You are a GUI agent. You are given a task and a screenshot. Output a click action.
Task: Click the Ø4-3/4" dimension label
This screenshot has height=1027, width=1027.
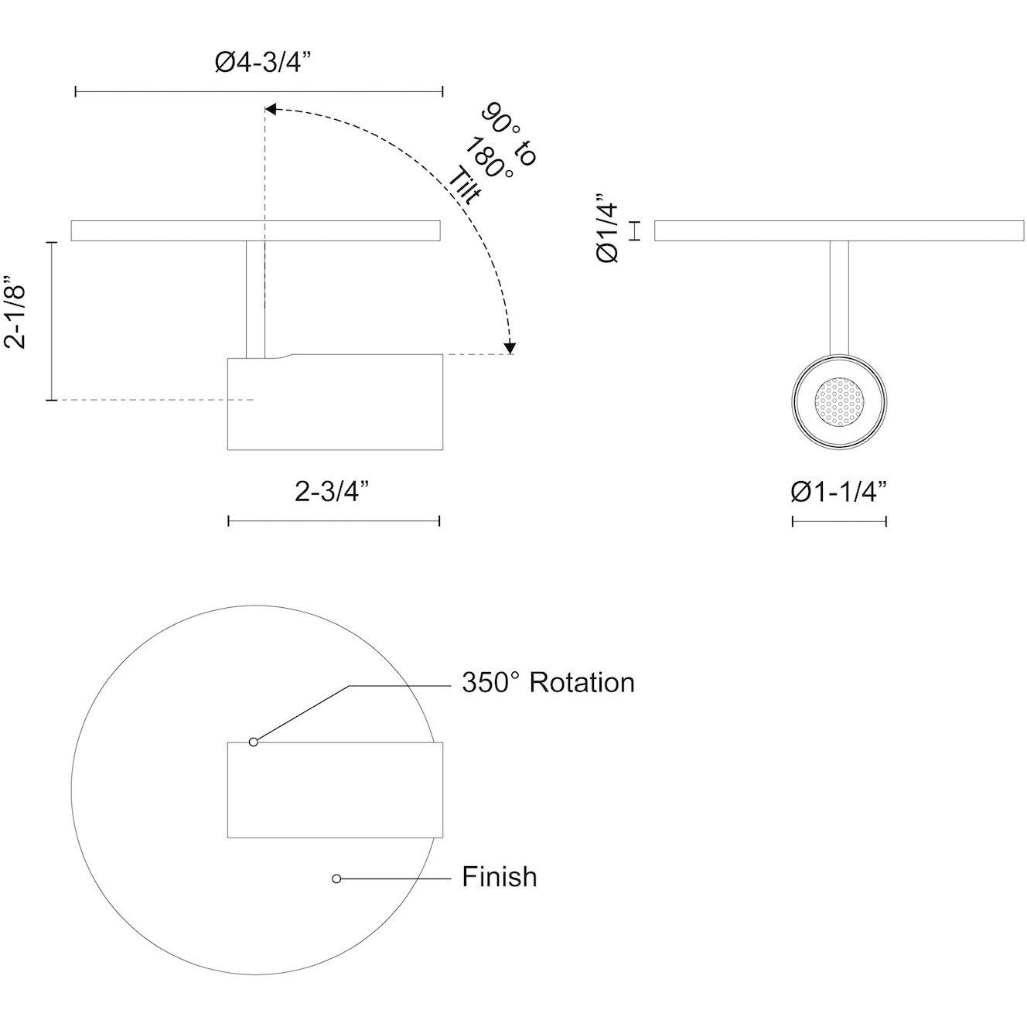258,63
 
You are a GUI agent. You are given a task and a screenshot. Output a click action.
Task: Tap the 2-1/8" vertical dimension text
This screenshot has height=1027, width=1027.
17,314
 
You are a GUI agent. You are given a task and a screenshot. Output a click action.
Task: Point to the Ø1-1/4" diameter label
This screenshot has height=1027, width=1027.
838,491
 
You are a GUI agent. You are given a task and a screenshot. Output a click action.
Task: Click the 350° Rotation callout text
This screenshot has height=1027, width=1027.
548,683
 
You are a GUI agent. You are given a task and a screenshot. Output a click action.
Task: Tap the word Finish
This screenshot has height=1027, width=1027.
499,877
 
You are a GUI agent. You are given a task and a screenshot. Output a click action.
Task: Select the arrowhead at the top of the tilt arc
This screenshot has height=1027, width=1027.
271,109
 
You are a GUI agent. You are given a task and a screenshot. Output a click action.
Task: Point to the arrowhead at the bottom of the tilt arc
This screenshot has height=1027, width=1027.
510,348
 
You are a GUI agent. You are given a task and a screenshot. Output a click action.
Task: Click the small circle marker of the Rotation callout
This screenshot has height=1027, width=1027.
253,742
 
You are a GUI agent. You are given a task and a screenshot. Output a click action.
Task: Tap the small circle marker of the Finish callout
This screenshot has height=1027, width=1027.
336,878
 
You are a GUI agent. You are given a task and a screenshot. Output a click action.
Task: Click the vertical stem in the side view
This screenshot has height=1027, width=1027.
256,298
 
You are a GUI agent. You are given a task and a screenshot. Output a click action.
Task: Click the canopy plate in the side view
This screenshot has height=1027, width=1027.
256,231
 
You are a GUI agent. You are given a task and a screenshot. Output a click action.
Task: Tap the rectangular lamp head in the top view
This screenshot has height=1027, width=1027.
335,790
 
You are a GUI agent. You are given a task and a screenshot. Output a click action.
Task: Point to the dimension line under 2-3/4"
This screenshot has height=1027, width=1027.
333,521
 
